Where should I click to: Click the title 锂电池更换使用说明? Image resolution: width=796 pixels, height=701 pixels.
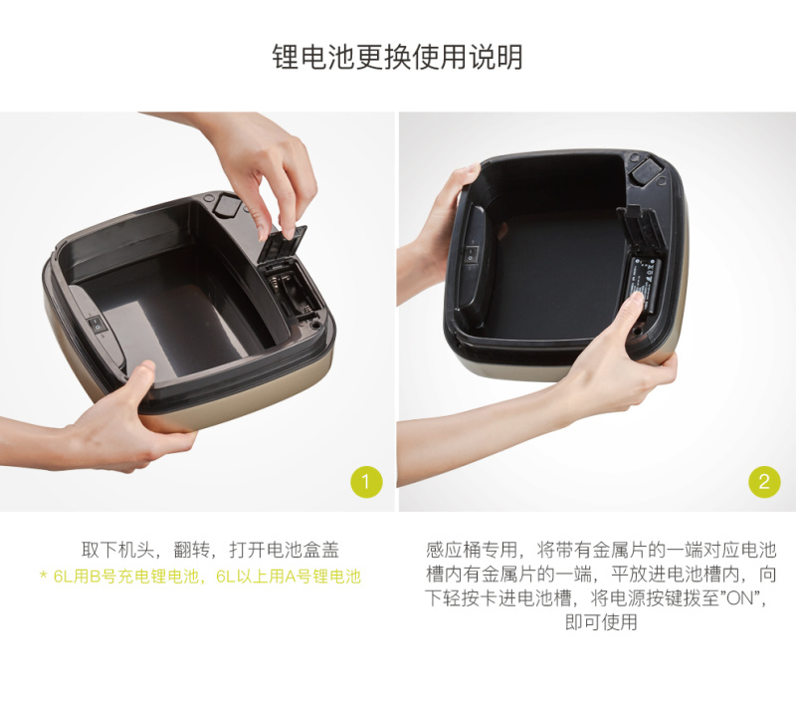pos(397,57)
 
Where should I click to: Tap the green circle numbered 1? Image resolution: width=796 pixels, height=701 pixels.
pos(366,482)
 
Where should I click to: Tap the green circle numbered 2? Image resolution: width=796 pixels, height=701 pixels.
pos(764,482)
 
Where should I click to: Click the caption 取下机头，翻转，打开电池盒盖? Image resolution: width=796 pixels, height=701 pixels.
pos(210,550)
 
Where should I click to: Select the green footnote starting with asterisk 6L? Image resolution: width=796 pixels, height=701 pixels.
pos(201,577)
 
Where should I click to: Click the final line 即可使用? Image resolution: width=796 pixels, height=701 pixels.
pos(601,621)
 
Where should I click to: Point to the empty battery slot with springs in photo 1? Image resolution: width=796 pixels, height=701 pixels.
pos(290,291)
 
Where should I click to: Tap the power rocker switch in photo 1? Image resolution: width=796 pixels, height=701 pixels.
pos(97,324)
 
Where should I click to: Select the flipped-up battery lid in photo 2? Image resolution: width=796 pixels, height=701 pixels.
pos(641,232)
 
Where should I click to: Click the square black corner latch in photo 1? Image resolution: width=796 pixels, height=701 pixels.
pos(227,205)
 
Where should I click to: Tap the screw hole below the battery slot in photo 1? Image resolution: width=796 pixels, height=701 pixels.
pos(315,323)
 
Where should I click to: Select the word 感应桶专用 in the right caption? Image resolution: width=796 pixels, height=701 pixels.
pos(472,550)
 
